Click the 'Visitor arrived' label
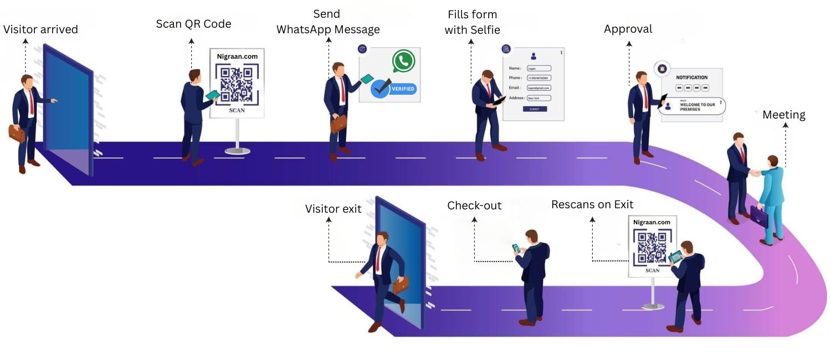pos(40,29)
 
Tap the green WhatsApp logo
pos(403,61)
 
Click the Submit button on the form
pos(534,109)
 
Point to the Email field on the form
pos(538,88)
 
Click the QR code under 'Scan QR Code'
pos(237,84)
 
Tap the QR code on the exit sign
pos(652,248)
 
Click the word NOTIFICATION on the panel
pos(691,78)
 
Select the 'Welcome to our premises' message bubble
pos(695,106)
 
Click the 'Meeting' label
pos(783,115)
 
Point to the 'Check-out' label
pos(474,205)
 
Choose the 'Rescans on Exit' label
pos(592,204)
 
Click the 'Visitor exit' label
pos(333,209)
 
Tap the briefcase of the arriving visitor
pos(17,133)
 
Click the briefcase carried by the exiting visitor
pos(400,285)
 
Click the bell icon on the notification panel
pos(660,68)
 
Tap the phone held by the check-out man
pos(516,248)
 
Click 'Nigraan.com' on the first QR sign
pos(237,56)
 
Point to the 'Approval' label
pos(628,29)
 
